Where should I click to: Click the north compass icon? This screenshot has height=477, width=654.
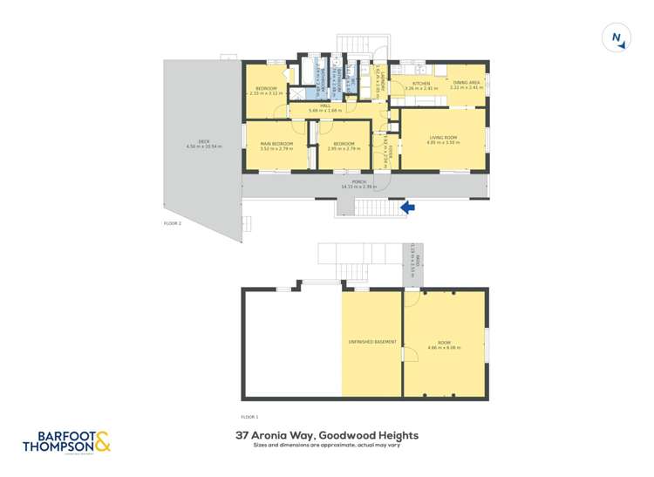(617, 38)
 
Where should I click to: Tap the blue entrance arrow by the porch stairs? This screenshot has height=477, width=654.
(406, 207)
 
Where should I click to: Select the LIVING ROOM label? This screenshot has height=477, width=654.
(442, 138)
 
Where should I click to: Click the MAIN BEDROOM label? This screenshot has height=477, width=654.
(276, 144)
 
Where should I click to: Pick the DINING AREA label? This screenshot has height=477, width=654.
(464, 83)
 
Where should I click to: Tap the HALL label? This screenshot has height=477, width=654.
(326, 106)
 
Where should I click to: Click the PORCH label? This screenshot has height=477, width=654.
(358, 182)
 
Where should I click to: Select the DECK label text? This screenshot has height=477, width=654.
(204, 141)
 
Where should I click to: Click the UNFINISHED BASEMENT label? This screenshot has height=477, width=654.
(372, 343)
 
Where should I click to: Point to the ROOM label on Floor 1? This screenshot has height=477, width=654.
(444, 343)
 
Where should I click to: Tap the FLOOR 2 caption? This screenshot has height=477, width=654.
(173, 223)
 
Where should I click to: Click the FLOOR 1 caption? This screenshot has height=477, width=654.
(249, 417)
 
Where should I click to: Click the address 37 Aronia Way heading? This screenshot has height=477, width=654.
(327, 435)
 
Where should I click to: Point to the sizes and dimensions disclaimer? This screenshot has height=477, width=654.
(327, 446)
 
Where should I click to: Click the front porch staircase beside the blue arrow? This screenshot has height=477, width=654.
(376, 208)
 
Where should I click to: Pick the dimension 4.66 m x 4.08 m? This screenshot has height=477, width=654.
(444, 348)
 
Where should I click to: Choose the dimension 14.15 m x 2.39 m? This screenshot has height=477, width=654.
(358, 187)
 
